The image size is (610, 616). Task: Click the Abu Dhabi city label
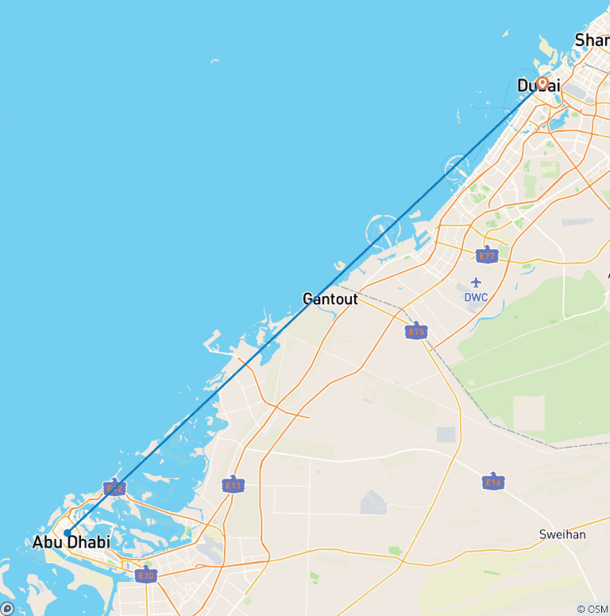pyautogui.click(x=71, y=543)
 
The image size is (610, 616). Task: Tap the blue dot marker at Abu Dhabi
pyautogui.click(x=68, y=533)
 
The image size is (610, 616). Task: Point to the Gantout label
pyautogui.click(x=330, y=299)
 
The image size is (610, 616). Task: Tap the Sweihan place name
pyautogui.click(x=562, y=534)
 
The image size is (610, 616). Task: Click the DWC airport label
pyautogui.click(x=476, y=297)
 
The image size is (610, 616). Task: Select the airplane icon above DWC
pyautogui.click(x=476, y=283)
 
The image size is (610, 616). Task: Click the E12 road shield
pyautogui.click(x=115, y=487)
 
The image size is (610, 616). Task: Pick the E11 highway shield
pyautogui.click(x=234, y=484)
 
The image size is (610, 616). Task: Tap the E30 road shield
pyautogui.click(x=145, y=575)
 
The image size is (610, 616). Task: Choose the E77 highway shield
pyautogui.click(x=487, y=255)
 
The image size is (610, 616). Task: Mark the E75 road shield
pyautogui.click(x=416, y=331)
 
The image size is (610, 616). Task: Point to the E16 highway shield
pyautogui.click(x=493, y=481)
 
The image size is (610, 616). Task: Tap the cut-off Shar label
pyautogui.click(x=593, y=40)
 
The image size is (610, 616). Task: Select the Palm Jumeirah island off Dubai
pyautogui.click(x=457, y=167)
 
